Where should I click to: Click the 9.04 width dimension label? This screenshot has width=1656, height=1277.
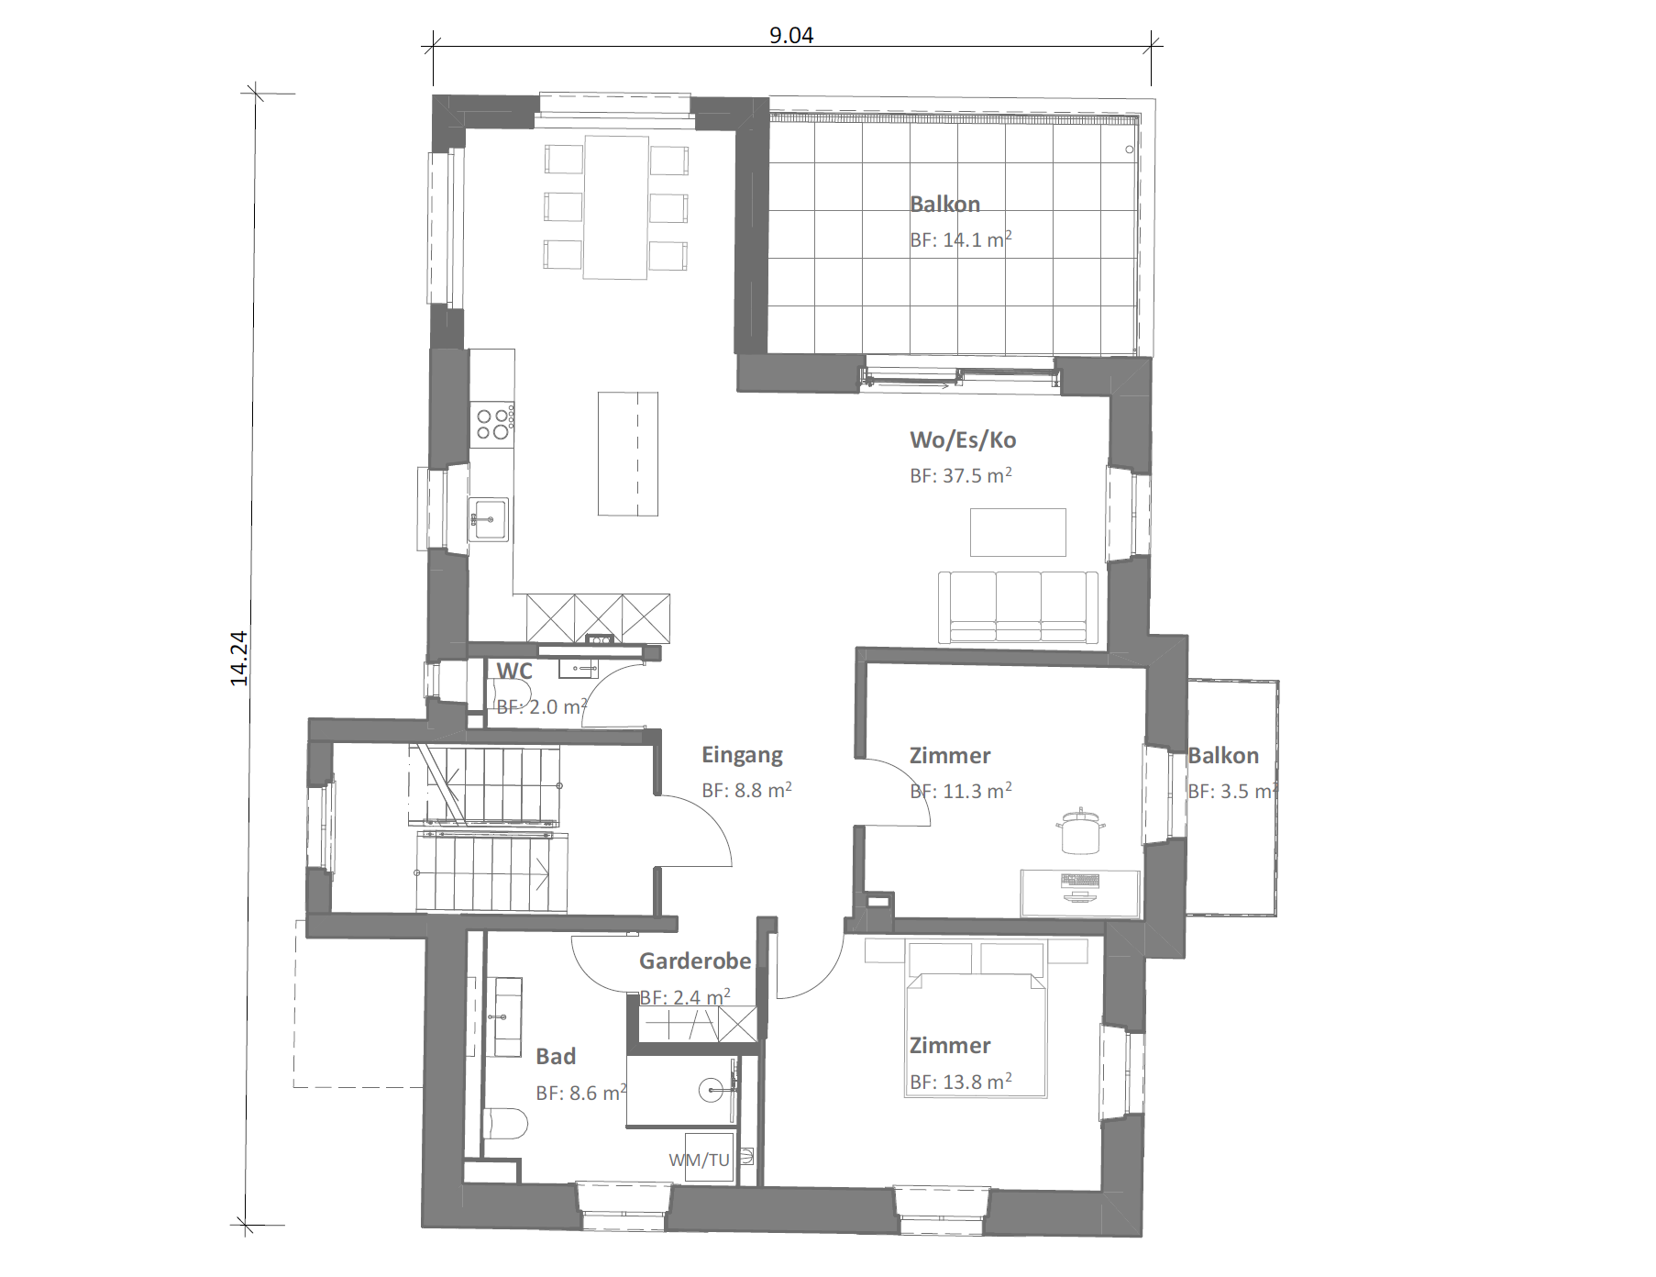[790, 36]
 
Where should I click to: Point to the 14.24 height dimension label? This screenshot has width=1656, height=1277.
[239, 659]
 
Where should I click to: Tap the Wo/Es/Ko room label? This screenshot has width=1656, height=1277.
[963, 440]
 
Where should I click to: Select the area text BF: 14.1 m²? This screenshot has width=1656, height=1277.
[961, 239]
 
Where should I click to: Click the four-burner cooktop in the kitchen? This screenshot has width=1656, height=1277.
[492, 423]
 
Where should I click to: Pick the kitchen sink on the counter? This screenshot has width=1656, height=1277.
[489, 520]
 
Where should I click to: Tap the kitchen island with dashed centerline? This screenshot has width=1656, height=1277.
[628, 453]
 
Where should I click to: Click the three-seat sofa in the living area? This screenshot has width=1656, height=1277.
[1018, 606]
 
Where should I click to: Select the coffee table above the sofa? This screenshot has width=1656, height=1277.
[1019, 532]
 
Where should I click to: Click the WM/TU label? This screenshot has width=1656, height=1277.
[699, 1160]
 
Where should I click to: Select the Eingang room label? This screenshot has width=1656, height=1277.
[743, 755]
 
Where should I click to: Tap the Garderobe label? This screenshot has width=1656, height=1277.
[695, 961]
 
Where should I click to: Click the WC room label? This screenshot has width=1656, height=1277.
[514, 671]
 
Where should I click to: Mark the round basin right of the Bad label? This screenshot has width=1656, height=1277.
[713, 1090]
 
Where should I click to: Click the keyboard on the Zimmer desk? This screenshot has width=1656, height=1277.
[1079, 882]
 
